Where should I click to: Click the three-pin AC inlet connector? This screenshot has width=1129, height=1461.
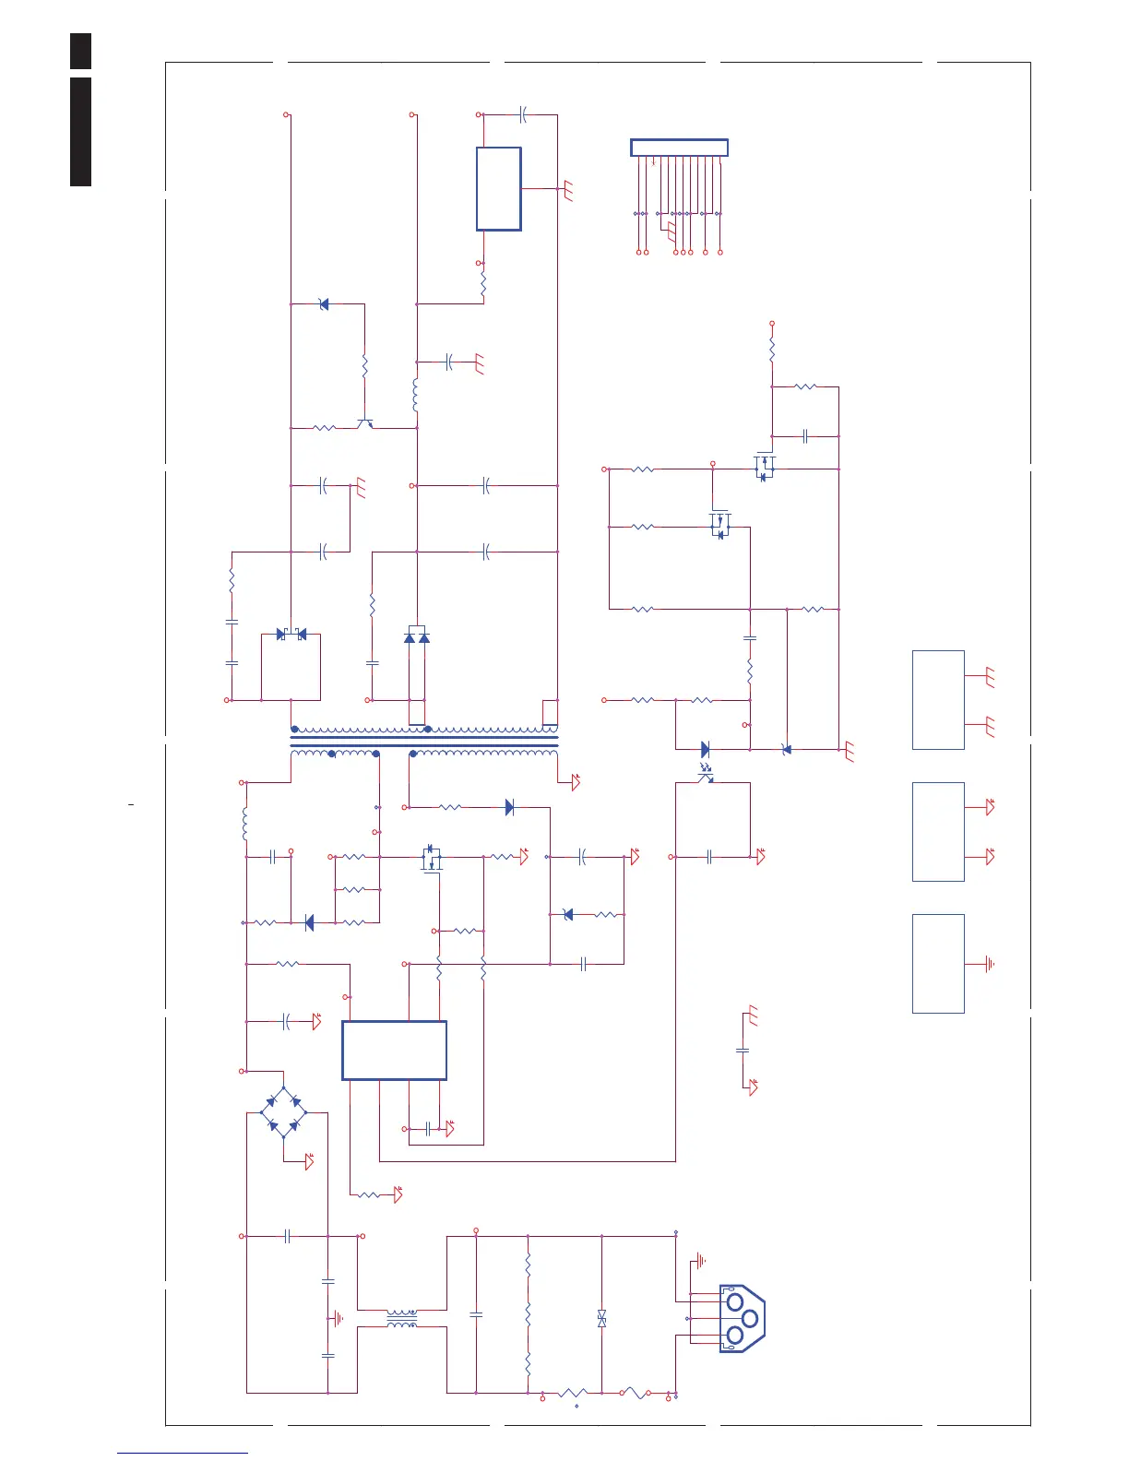tap(742, 1319)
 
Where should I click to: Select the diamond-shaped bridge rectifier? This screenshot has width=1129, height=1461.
tap(284, 1111)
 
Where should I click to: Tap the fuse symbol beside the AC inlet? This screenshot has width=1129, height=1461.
tap(634, 1393)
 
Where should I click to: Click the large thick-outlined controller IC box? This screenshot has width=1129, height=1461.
tap(394, 1050)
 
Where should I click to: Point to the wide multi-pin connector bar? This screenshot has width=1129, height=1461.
tap(679, 148)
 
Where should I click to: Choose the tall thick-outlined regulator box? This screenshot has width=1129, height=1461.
tap(498, 188)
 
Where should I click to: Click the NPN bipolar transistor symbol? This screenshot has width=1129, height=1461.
tap(366, 423)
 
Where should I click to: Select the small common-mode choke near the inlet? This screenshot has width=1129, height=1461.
tap(401, 1319)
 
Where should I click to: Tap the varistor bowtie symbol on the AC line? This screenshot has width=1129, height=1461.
tap(601, 1319)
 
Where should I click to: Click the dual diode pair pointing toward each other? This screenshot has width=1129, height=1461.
tap(291, 635)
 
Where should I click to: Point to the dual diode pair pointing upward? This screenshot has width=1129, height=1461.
tap(417, 636)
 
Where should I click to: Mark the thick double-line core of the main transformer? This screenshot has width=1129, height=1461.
tap(424, 740)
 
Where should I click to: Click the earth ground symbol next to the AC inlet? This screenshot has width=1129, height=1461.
tap(701, 1260)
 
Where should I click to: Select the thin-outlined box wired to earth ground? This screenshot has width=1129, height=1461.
tap(938, 964)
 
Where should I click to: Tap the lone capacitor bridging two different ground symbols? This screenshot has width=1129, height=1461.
tap(743, 1050)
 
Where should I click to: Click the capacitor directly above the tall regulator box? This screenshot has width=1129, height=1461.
tap(522, 115)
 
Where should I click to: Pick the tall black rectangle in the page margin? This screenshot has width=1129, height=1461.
tap(81, 132)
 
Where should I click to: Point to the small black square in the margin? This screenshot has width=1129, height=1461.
tap(81, 51)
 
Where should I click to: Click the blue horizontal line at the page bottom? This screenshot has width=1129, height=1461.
tap(183, 1454)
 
